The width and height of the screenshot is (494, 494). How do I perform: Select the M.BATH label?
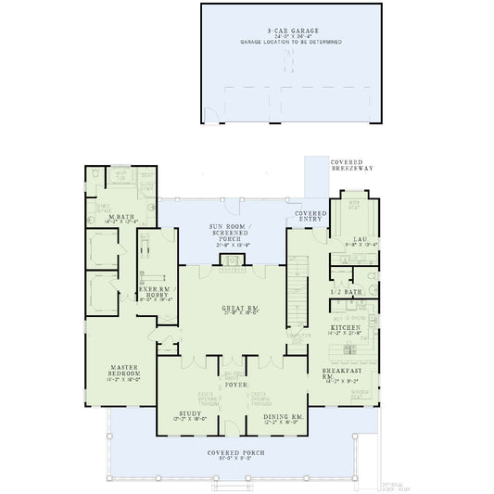pos(110,218)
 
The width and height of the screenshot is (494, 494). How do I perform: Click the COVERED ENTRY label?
pos(309,215)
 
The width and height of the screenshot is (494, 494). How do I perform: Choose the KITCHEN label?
pos(346,327)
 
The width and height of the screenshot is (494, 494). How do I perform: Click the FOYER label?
pos(234,382)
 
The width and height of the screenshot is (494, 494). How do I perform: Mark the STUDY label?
pos(189,414)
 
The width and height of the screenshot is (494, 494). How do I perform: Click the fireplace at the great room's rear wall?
pos(234,260)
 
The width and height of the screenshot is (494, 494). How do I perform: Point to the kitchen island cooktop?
pos(350,348)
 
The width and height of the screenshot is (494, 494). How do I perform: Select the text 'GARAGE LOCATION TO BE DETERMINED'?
pos(291,43)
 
